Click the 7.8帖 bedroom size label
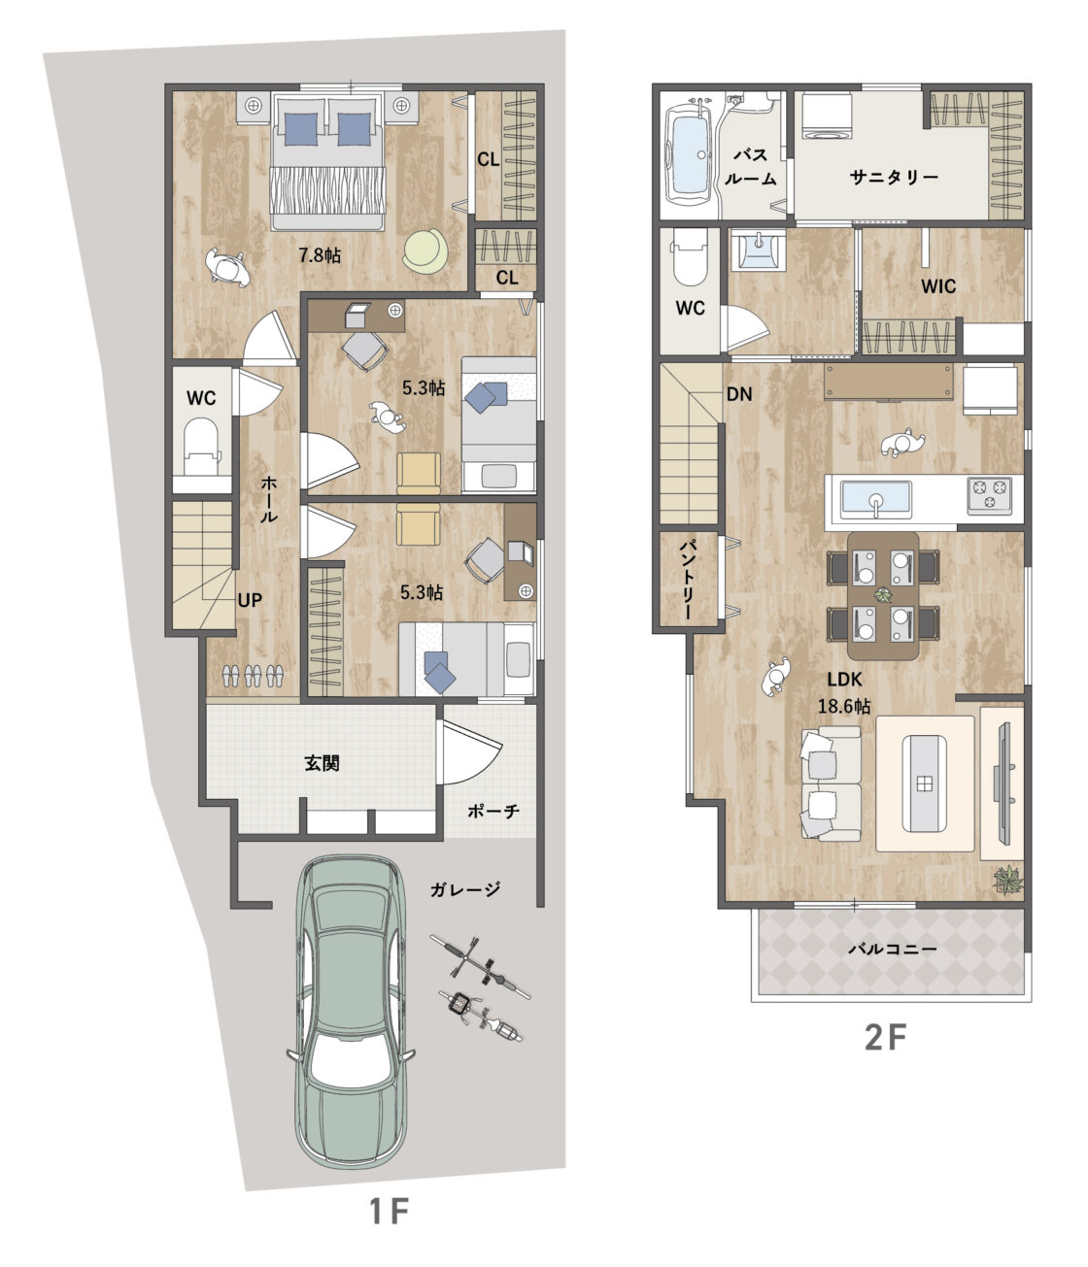(x=320, y=255)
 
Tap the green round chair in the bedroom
(x=425, y=250)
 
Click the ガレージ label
(x=465, y=888)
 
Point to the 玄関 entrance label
(x=322, y=763)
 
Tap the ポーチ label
(x=493, y=812)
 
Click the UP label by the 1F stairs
(x=250, y=600)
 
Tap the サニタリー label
(x=894, y=178)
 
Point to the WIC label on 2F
(x=938, y=286)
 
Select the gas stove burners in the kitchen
(x=990, y=495)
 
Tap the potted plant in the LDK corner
(x=1007, y=879)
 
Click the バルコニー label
(x=893, y=950)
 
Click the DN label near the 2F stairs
(x=739, y=394)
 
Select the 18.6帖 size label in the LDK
(x=844, y=706)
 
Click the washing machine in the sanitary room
(x=827, y=116)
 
